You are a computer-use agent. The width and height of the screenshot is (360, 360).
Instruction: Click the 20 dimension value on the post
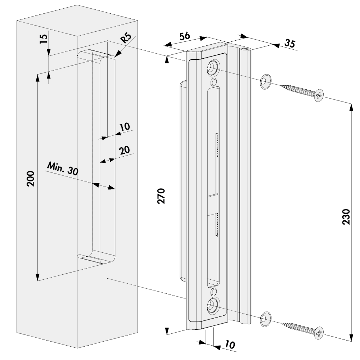tap(124, 151)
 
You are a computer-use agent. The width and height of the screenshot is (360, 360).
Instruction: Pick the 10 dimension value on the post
tap(124, 127)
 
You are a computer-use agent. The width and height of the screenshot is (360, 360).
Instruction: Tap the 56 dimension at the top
tap(185, 37)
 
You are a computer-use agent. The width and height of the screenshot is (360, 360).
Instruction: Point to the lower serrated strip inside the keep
tap(217, 224)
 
